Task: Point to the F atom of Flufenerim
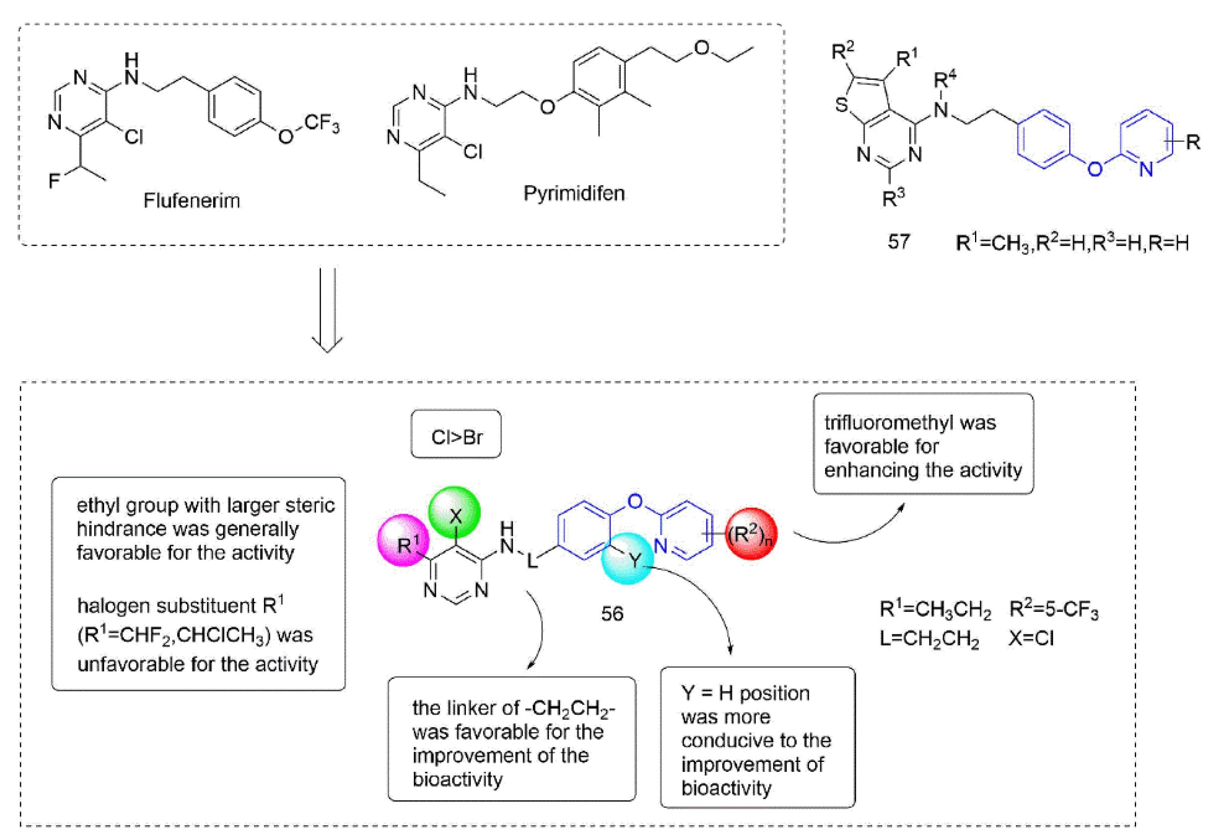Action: (54, 181)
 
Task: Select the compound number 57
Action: (899, 242)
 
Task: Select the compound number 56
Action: (612, 614)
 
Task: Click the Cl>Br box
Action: (456, 437)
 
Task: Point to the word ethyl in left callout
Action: (99, 505)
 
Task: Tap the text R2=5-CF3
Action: (1054, 610)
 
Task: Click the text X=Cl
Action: (1031, 638)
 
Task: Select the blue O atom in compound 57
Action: (1094, 169)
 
